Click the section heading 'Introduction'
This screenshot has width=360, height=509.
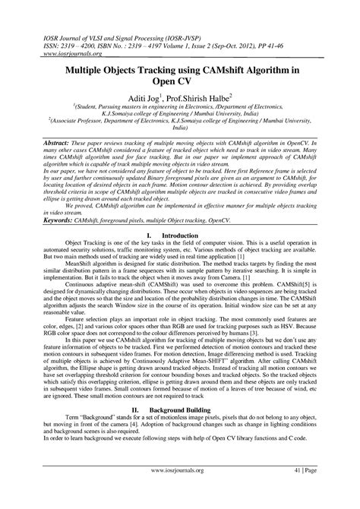[x=191, y=236]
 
